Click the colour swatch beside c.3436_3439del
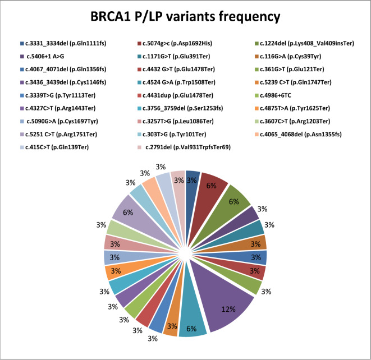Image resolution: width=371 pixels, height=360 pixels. [21, 80]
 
